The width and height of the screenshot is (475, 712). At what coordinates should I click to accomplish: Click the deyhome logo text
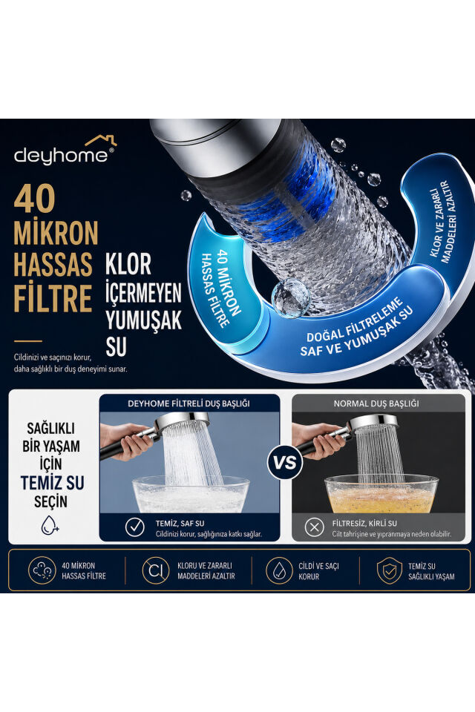60,156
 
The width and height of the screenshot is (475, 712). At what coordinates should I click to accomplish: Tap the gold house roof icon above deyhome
101,141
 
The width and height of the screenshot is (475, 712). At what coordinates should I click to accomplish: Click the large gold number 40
35,199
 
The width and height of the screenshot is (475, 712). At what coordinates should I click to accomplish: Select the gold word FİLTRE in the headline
53,298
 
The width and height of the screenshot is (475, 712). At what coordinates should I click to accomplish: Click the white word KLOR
128,264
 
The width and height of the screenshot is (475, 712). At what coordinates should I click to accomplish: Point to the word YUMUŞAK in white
144,319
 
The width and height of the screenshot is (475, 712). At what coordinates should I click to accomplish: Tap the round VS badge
285,463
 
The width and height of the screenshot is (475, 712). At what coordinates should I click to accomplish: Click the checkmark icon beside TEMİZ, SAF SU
134,527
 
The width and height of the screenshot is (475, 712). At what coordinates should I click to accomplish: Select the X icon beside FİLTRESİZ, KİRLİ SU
314,527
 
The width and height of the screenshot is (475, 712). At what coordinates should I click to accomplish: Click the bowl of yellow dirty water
381,494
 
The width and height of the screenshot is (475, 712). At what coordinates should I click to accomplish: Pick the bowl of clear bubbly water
191,494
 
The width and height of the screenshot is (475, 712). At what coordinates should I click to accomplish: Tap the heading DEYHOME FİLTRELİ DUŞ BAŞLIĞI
189,403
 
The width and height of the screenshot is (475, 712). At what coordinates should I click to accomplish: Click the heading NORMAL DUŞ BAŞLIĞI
376,403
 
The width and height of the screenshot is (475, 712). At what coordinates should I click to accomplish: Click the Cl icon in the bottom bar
156,570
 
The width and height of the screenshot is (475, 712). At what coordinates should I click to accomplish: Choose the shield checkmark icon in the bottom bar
390,571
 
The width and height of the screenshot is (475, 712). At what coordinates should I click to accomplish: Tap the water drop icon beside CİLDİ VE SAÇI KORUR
278,570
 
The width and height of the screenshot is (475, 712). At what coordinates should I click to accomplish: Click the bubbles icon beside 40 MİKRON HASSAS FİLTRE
42,570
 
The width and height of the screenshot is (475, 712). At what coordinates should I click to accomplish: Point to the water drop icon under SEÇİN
50,525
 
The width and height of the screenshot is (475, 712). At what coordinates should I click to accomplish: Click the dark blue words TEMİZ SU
52,483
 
